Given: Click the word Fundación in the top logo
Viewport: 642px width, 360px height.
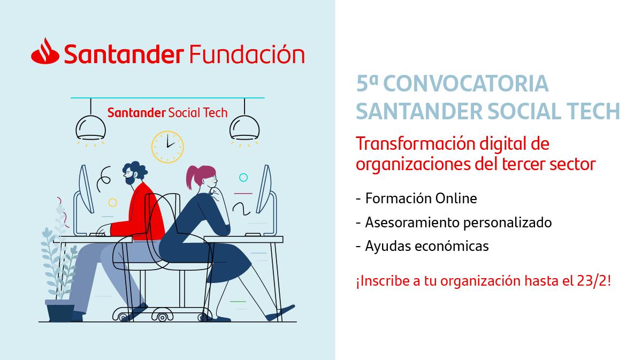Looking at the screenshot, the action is tap(247, 54).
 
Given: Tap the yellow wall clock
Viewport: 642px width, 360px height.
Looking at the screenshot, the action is tap(167, 147).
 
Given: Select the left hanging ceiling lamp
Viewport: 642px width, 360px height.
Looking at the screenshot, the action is tap(90, 127).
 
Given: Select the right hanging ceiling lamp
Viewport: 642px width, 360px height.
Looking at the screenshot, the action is tap(244, 127).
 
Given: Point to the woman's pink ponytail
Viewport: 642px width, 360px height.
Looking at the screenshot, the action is tap(198, 175).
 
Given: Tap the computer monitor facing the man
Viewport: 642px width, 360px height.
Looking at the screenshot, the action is tap(86, 189).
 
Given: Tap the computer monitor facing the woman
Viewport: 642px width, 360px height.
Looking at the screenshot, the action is tap(264, 189).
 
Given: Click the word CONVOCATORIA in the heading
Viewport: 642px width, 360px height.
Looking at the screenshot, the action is tap(466, 83).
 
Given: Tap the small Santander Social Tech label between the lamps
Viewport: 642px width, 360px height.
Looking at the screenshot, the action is tap(167, 113).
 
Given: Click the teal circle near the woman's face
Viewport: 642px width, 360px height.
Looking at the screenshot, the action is tap(243, 178).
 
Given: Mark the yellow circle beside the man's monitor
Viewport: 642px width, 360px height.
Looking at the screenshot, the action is tap(113, 203).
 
